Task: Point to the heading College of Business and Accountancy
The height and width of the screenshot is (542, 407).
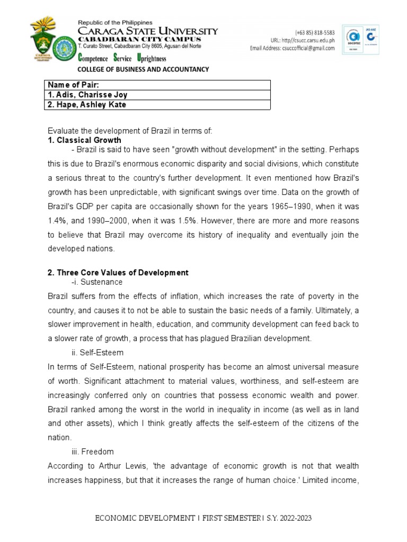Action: coord(143,69)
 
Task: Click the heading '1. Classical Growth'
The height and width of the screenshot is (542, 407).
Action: coord(84,140)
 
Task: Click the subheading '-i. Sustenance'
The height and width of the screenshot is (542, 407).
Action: coord(93,283)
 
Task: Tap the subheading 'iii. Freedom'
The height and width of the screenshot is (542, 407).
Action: coord(91,452)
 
